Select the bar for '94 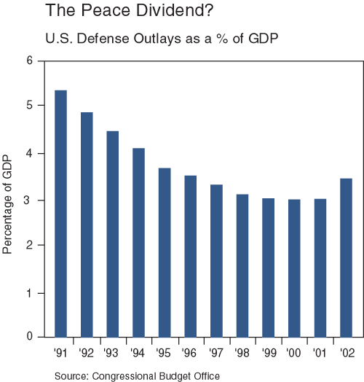coord(138,243)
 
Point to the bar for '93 coord(113,234)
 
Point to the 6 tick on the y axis coord(30,61)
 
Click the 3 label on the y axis coord(30,200)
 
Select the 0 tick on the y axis coord(30,337)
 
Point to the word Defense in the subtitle coord(88,36)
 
